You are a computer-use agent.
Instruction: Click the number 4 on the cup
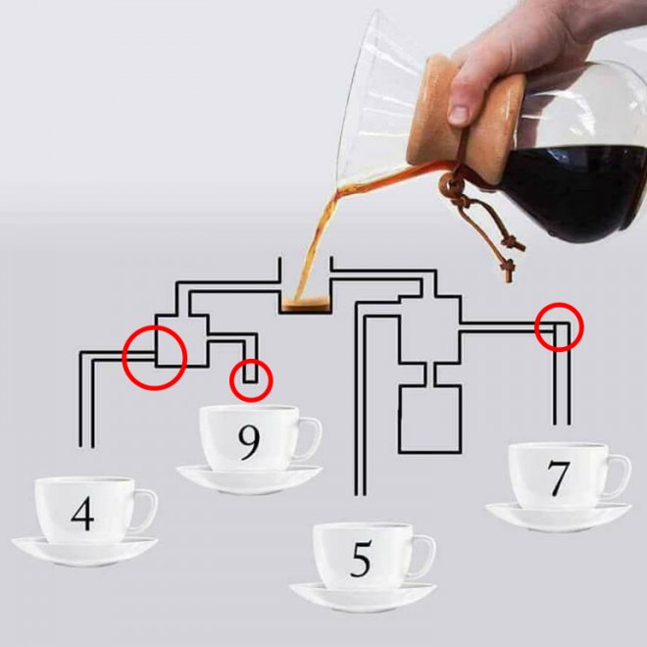pyautogui.click(x=83, y=514)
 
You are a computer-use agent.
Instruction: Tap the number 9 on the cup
pyautogui.click(x=249, y=442)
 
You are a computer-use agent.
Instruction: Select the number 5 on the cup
pyautogui.click(x=361, y=559)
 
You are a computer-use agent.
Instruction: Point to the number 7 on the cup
pyautogui.click(x=559, y=477)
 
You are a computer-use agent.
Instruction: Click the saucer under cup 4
pyautogui.click(x=84, y=552)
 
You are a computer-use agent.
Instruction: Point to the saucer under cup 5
pyautogui.click(x=363, y=597)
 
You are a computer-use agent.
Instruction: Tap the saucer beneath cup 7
pyautogui.click(x=559, y=518)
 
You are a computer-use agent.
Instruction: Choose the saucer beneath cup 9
pyautogui.click(x=249, y=480)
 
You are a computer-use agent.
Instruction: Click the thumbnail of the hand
pyautogui.click(x=459, y=115)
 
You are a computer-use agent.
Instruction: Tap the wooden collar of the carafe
pyautogui.click(x=467, y=121)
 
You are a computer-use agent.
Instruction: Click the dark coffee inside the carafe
pyautogui.click(x=577, y=190)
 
